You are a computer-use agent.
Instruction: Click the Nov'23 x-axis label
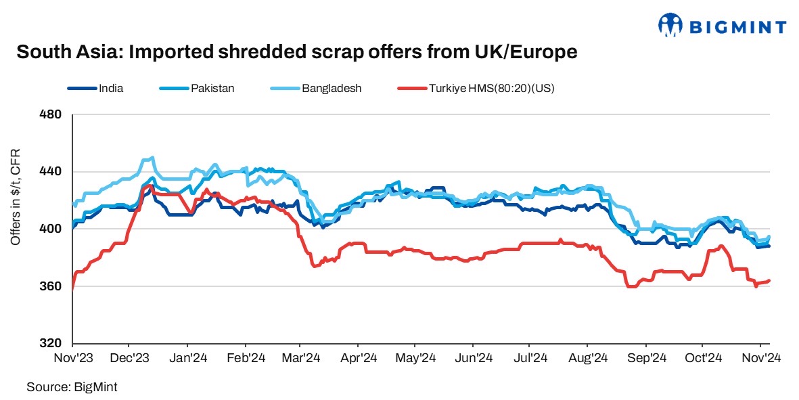[x=72, y=357]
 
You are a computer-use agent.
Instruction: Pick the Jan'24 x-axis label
[x=187, y=357]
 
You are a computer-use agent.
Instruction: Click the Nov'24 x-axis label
[x=760, y=357]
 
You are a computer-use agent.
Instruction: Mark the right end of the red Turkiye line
[x=770, y=281]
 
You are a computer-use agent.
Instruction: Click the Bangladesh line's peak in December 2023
[x=152, y=158]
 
